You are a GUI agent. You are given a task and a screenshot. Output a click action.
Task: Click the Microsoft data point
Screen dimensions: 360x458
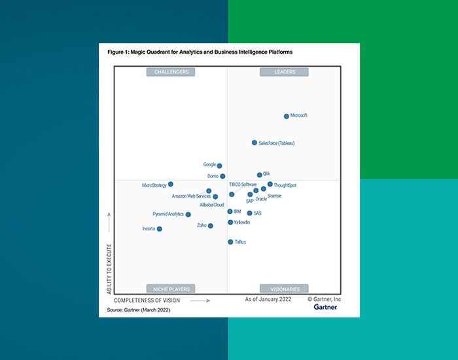[x=287, y=117]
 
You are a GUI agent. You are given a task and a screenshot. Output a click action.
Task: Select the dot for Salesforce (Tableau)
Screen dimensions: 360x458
[x=255, y=143]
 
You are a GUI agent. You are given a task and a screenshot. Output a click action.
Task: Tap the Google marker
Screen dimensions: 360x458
[x=219, y=166]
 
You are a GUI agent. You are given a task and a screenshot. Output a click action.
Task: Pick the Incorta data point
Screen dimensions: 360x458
[x=160, y=229]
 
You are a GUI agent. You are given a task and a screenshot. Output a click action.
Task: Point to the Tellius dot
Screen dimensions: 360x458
[x=230, y=242]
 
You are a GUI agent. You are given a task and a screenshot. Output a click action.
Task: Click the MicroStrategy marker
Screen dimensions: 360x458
[x=171, y=185]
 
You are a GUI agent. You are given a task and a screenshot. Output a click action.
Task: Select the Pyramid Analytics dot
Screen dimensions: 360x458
[x=188, y=215]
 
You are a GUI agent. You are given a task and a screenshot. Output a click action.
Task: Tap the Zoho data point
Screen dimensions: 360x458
[x=211, y=226]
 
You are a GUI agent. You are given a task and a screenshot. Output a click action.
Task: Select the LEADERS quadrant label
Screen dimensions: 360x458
[x=285, y=72]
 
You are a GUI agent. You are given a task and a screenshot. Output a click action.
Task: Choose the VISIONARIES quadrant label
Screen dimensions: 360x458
[x=285, y=289]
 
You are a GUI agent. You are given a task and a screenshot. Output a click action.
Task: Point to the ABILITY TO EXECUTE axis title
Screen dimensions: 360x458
[x=109, y=268]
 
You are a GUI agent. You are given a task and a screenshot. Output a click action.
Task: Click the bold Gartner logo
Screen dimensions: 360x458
[x=325, y=307]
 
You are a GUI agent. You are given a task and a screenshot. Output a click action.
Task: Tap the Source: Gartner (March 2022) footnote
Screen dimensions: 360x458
[x=138, y=309]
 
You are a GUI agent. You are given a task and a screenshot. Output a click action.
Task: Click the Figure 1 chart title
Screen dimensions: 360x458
[x=200, y=52]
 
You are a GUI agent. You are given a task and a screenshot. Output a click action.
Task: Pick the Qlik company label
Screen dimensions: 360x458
[x=267, y=173]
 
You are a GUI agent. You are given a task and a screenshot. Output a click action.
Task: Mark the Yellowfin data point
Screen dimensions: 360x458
[x=230, y=223]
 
